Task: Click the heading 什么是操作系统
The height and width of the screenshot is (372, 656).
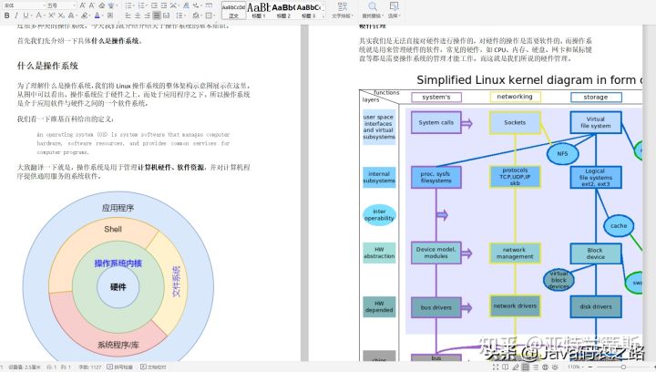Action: [47, 66]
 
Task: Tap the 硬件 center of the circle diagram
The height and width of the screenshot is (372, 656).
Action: [118, 286]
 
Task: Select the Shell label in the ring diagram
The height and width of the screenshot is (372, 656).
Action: [112, 229]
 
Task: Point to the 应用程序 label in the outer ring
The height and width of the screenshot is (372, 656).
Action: [118, 208]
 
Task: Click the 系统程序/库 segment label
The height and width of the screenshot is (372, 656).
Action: [118, 345]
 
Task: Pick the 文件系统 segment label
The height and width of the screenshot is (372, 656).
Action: [177, 284]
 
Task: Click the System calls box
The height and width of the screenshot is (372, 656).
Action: [436, 122]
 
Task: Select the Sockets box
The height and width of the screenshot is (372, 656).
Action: [515, 122]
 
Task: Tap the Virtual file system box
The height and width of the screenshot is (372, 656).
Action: [595, 123]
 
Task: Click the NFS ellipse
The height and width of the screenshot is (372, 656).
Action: [562, 153]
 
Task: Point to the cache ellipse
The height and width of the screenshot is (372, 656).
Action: [619, 225]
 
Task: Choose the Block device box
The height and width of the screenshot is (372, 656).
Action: [595, 253]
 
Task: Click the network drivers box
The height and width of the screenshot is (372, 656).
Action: [515, 306]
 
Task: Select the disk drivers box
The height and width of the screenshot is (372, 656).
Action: [595, 306]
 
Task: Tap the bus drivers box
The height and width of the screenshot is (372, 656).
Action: [436, 307]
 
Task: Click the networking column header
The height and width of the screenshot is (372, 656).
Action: [515, 97]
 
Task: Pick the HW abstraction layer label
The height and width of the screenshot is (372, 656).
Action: [379, 253]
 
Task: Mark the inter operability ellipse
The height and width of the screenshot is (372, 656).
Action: [379, 214]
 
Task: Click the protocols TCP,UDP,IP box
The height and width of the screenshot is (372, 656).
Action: [515, 176]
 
